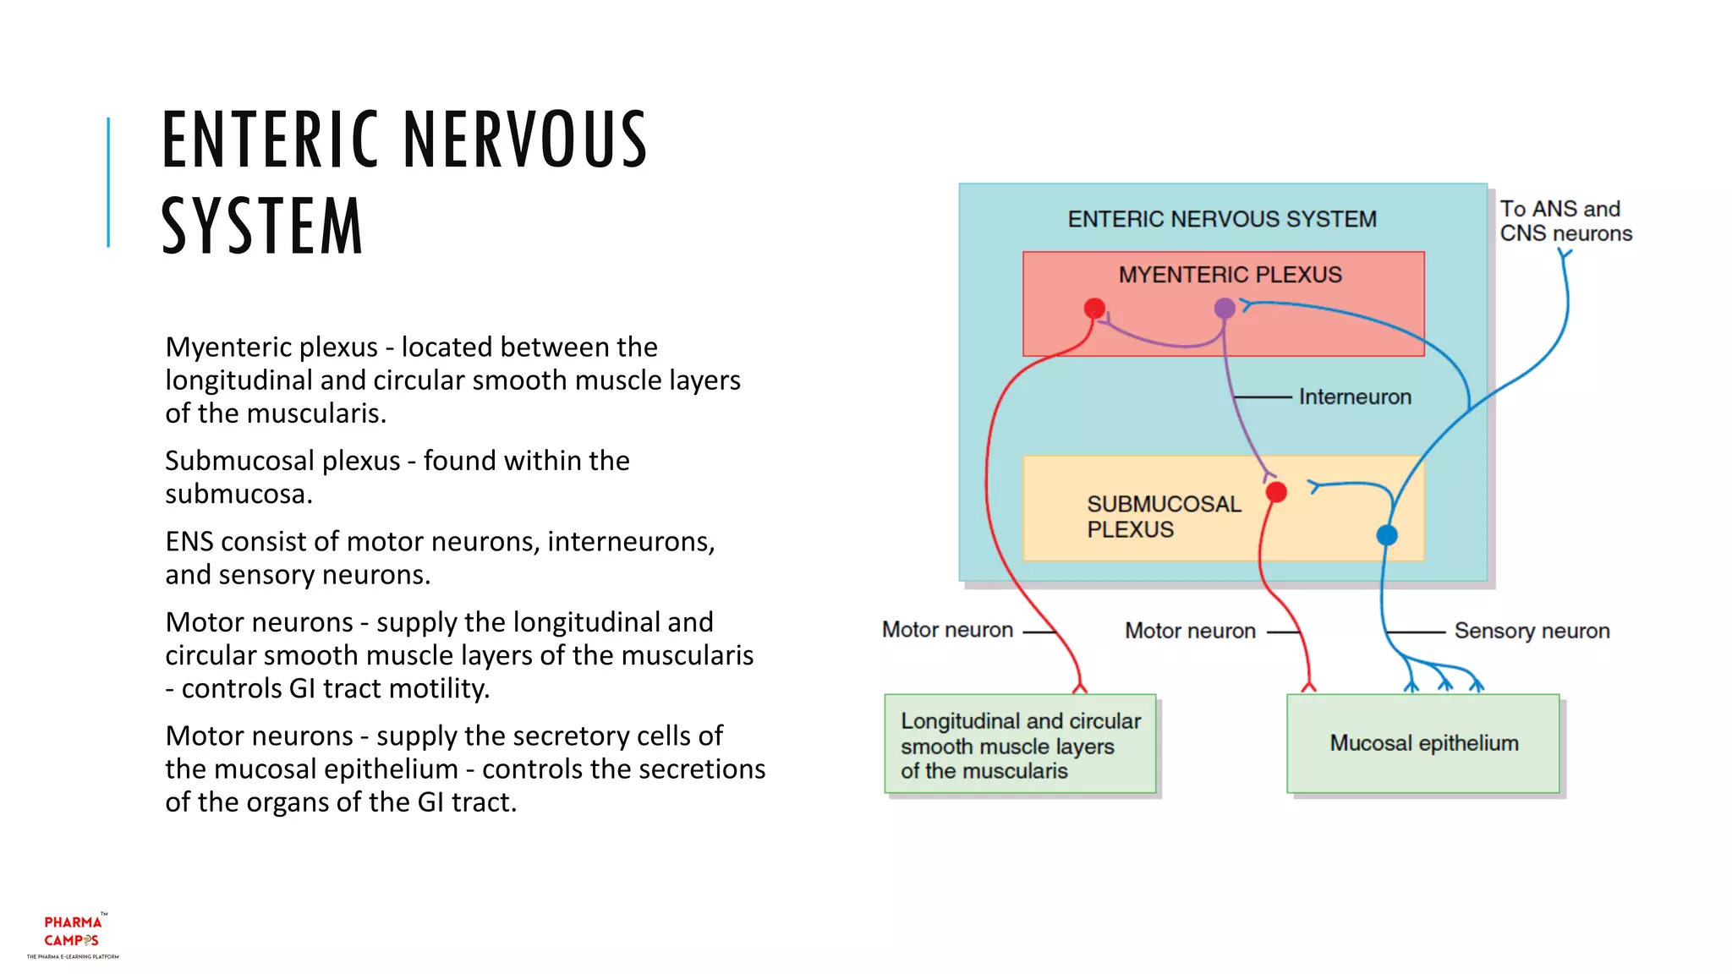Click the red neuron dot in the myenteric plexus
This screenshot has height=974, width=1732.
1094,307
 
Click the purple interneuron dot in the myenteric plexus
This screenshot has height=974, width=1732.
1225,309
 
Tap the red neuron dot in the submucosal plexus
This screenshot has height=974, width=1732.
1276,492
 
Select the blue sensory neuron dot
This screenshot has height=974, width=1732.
1387,534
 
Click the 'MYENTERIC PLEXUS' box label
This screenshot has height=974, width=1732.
1230,275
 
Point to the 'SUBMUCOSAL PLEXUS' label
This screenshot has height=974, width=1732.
1163,517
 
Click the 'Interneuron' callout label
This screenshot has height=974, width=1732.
1355,397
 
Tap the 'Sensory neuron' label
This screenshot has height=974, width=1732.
1532,631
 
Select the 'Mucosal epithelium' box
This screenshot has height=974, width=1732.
1423,743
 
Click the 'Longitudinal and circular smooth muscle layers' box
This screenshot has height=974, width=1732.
1020,745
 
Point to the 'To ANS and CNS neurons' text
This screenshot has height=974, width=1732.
1565,221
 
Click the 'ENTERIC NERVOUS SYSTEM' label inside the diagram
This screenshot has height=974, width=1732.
1222,219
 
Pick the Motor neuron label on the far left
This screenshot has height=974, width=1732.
947,630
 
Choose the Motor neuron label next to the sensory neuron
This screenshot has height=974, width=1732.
1190,631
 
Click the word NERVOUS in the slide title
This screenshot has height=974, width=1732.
525,140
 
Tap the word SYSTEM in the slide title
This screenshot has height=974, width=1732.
262,226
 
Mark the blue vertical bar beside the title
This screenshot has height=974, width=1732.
108,182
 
